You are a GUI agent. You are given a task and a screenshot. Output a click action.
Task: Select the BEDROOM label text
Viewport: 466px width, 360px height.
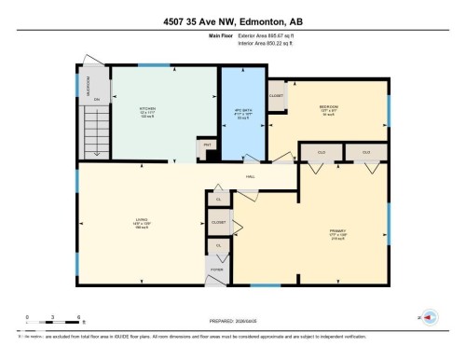pos(328,107)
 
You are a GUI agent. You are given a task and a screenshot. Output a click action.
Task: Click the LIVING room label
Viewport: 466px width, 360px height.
pos(142,220)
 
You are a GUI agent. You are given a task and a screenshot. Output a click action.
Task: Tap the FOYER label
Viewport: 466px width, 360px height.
pos(216,269)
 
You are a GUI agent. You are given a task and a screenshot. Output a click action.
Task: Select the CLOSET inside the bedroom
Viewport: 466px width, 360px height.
pos(277,95)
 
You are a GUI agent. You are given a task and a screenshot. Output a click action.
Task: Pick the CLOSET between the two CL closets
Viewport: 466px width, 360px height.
pos(218,223)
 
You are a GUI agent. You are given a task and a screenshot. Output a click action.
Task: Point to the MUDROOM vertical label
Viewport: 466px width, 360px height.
pos(89,85)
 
